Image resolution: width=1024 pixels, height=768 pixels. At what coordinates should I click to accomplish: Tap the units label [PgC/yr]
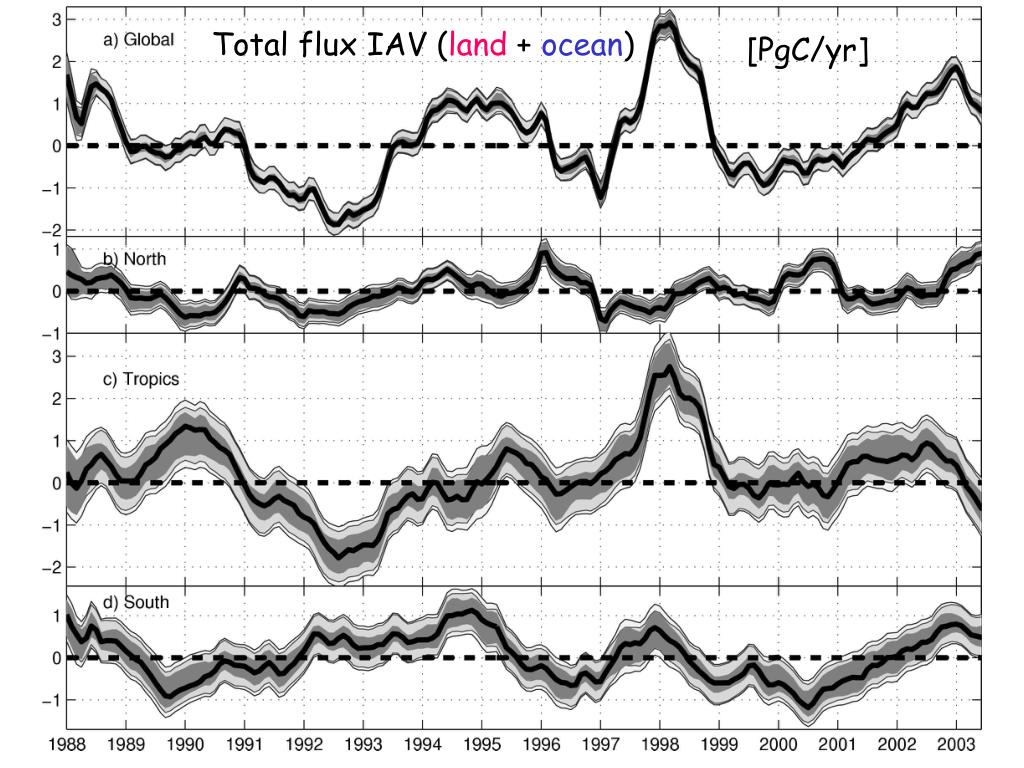[x=807, y=50]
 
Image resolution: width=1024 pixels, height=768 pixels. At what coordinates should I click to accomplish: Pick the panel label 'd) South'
[x=137, y=602]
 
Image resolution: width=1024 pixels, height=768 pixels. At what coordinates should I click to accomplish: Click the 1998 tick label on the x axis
[x=659, y=744]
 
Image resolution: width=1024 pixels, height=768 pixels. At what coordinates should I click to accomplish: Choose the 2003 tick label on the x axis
[x=955, y=744]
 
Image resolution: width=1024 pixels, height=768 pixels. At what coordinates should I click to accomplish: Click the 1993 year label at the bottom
[x=363, y=744]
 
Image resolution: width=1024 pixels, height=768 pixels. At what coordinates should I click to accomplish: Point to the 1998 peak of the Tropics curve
[x=667, y=368]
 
